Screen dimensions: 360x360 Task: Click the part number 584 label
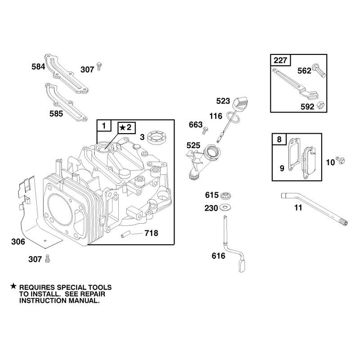(x=38, y=67)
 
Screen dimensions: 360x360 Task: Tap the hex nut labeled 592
(x=320, y=105)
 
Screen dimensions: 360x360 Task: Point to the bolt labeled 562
(x=319, y=71)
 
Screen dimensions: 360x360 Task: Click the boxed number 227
(x=280, y=60)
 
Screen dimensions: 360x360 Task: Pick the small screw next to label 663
(x=205, y=130)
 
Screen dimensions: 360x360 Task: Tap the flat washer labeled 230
(x=225, y=207)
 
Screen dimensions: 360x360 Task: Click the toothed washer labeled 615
(x=225, y=196)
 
